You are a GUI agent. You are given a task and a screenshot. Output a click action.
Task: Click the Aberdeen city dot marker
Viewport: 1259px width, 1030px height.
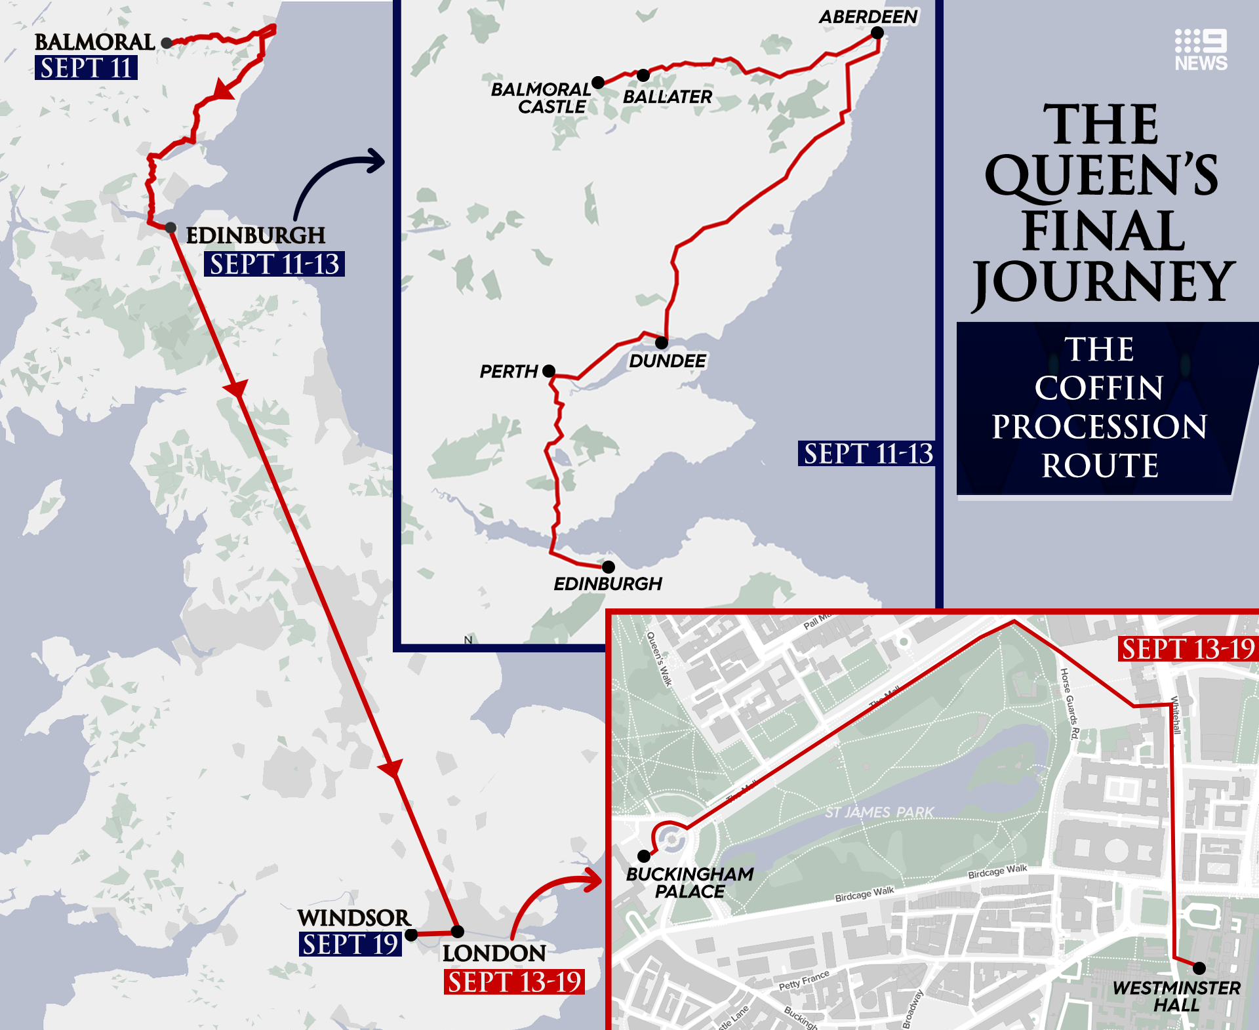877,33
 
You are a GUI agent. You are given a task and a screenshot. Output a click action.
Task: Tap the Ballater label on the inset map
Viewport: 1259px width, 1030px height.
667,97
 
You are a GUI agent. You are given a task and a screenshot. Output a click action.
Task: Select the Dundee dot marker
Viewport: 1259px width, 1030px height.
662,342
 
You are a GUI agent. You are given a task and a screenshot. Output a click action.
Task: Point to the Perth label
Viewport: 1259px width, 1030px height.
508,372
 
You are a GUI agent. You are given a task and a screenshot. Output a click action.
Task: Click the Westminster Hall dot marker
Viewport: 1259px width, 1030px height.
1199,968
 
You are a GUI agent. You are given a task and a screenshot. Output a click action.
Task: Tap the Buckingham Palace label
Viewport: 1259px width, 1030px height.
690,882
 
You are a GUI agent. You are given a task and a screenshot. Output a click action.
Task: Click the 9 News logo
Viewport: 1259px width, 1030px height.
1201,50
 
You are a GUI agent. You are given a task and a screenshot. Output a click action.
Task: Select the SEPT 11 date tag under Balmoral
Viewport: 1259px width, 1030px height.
86,68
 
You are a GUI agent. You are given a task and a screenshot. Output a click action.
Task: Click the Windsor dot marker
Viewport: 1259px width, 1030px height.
411,935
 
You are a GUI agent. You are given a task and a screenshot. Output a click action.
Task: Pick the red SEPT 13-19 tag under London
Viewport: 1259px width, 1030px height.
514,982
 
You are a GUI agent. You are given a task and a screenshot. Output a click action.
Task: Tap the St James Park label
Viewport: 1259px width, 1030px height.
879,813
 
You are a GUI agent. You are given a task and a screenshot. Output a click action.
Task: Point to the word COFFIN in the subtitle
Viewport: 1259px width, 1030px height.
1099,387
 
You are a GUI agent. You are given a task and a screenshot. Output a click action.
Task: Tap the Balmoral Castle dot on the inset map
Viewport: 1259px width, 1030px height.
598,83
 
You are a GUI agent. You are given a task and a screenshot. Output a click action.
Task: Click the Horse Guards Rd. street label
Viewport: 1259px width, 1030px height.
1069,704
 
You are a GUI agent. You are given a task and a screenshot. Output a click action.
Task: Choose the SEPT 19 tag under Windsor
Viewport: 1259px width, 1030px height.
350,945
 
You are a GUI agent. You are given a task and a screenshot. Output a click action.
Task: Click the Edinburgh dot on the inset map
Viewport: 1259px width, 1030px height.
609,566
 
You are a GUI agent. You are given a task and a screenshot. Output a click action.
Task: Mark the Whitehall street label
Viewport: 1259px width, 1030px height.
1176,715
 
